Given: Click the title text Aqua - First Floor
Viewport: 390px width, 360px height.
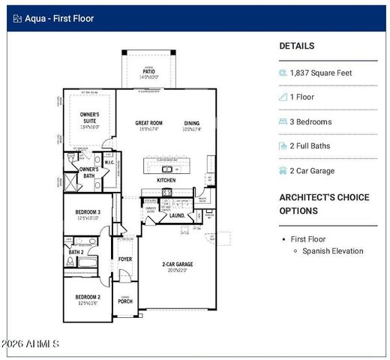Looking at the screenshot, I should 59,18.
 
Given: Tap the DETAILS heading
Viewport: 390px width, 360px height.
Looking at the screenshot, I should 297,46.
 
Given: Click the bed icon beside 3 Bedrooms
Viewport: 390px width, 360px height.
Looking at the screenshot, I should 283,121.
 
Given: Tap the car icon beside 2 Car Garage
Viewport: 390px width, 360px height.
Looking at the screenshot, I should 283,170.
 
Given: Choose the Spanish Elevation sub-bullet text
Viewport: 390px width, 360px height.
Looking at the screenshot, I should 333,250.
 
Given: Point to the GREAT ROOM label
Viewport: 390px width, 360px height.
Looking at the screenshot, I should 148,123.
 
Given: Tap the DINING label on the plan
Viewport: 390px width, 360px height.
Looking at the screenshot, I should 192,123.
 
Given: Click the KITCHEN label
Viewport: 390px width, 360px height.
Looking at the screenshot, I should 166,181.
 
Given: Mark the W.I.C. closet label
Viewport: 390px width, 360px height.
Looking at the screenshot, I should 109,162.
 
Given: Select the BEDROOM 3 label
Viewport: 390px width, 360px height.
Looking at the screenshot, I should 88,213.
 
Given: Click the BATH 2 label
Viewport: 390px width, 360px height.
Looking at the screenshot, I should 76,252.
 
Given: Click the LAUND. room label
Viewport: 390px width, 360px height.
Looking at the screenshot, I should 177,215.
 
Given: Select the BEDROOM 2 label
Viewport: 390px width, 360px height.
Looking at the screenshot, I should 87,297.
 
